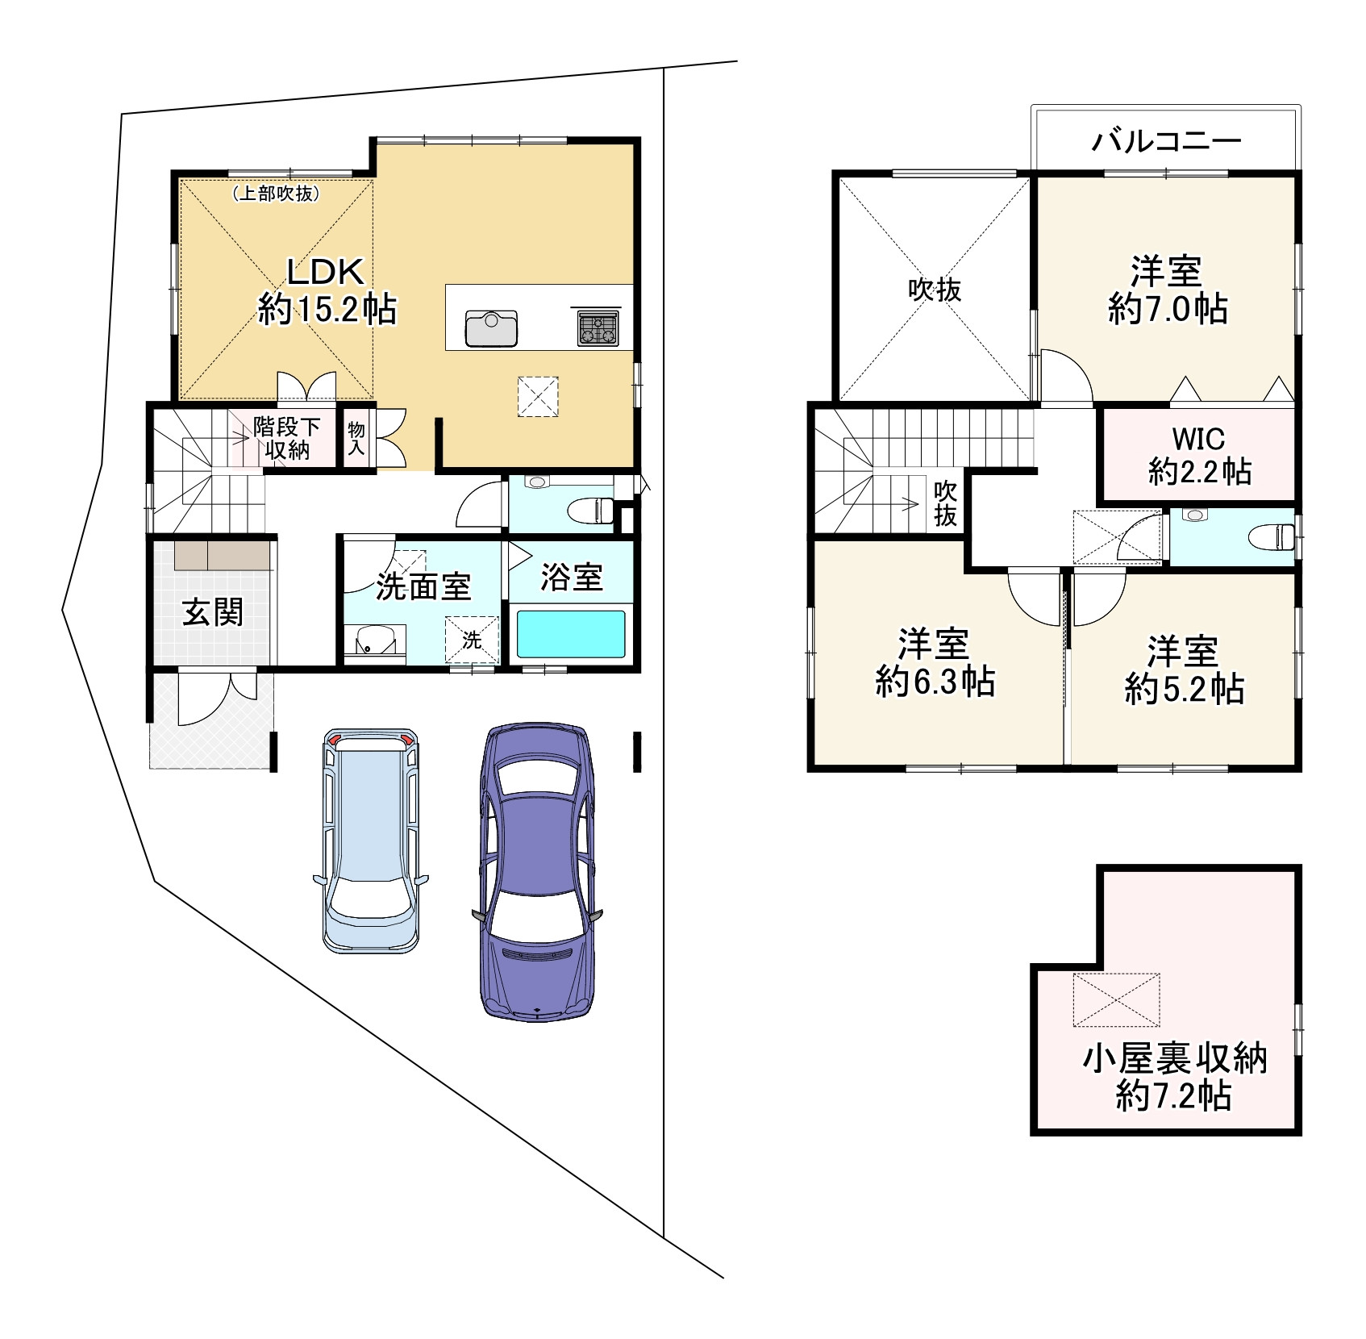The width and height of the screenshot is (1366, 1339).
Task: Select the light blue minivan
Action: coord(371,839)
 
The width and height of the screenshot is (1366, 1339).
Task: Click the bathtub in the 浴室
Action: coord(571,634)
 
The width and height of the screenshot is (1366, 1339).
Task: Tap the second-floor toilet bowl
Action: coord(1269,536)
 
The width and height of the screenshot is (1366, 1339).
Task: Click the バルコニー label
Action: coord(1166,142)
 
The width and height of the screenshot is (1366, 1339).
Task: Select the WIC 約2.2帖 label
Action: coord(1199,456)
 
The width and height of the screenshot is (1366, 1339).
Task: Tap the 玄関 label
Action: coord(213,612)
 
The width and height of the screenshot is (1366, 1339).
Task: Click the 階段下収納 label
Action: coord(286,438)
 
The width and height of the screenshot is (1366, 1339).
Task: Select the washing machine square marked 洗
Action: coord(473,640)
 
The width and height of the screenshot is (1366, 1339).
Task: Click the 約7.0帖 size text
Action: coord(1167,309)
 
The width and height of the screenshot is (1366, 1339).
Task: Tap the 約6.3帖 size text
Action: coord(935,683)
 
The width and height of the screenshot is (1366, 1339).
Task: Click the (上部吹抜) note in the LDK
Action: coord(277,194)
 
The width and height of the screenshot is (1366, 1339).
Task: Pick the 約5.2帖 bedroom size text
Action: coord(1184,690)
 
